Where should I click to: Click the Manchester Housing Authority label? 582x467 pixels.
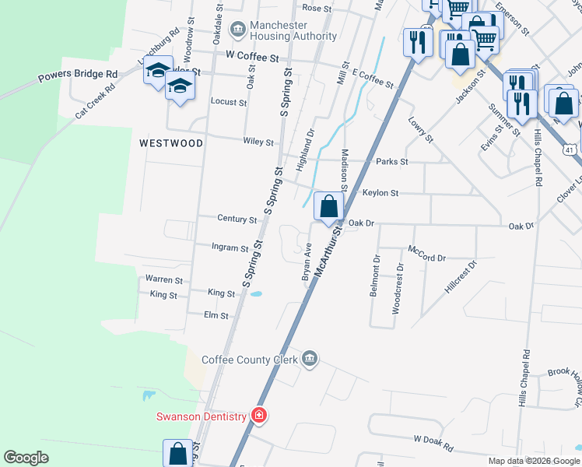(278, 30)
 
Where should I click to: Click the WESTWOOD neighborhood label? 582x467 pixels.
(171, 143)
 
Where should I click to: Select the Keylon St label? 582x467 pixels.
(380, 193)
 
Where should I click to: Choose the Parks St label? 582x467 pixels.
(391, 162)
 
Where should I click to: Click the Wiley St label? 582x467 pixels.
(258, 142)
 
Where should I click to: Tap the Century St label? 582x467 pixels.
(237, 220)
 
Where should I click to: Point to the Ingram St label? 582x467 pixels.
(230, 248)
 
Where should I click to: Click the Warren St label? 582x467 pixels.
(163, 279)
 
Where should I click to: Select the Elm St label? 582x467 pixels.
(216, 316)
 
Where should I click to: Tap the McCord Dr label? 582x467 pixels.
(426, 258)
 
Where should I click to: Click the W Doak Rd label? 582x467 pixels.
(433, 441)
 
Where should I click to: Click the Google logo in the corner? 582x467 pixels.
(26, 458)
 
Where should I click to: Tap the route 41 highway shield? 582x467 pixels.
(570, 148)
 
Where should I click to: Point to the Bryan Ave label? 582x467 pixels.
(307, 265)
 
